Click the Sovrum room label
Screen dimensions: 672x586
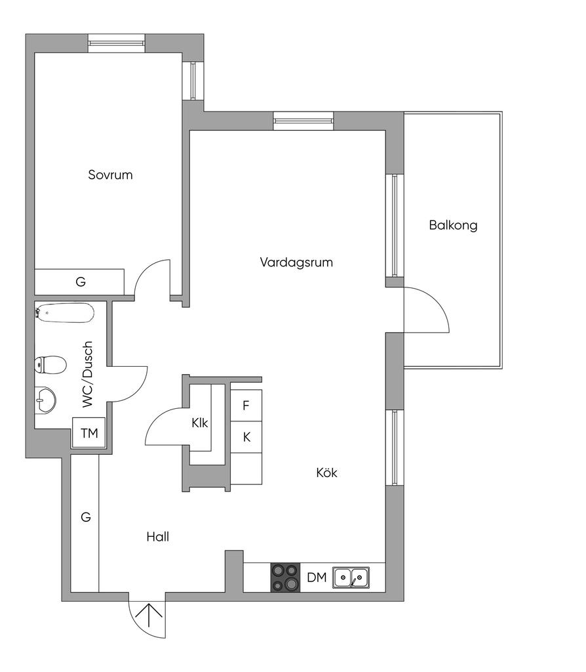click(x=110, y=175)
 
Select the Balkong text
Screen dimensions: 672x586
click(x=453, y=226)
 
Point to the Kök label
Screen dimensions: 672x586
click(x=326, y=472)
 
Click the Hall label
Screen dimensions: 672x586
click(x=157, y=537)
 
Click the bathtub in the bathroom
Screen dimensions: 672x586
click(x=65, y=313)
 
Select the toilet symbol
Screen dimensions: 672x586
click(x=51, y=364)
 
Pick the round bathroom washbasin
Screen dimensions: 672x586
click(x=45, y=399)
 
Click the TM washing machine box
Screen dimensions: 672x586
click(x=89, y=433)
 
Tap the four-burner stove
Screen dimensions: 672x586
click(x=286, y=577)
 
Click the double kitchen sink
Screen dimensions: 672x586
click(x=351, y=577)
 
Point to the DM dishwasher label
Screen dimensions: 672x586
click(x=317, y=578)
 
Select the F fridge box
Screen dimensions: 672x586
click(x=246, y=405)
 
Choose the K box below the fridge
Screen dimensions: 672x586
click(x=246, y=436)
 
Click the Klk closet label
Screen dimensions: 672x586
click(x=199, y=423)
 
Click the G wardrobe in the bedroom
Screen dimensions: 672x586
click(x=80, y=282)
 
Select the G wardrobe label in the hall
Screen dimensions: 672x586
click(x=85, y=517)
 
